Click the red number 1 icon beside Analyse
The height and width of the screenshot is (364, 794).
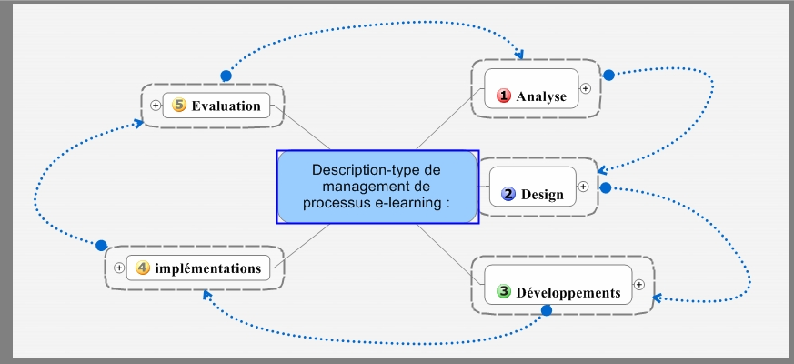pos(504,96)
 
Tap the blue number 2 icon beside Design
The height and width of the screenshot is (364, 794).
pos(508,194)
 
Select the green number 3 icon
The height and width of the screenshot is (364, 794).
pos(504,292)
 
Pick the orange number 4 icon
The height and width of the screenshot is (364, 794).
pos(143,268)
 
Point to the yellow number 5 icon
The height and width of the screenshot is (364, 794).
pos(179,106)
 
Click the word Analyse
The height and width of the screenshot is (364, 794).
pos(541,96)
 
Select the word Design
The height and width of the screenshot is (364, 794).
pos(542,194)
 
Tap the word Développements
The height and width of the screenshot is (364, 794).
pos(568,293)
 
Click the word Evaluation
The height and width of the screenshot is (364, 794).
pos(226,106)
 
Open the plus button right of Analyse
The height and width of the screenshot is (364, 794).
pos(586,88)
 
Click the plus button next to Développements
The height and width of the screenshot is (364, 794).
pos(639,284)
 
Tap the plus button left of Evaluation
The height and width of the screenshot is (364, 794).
pos(156,106)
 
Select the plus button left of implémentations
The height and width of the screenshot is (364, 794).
pos(119,268)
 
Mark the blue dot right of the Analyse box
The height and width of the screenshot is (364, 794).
pos(609,75)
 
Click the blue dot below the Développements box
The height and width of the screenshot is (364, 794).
pos(547,311)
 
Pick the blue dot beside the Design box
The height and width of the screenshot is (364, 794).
pos(604,187)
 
